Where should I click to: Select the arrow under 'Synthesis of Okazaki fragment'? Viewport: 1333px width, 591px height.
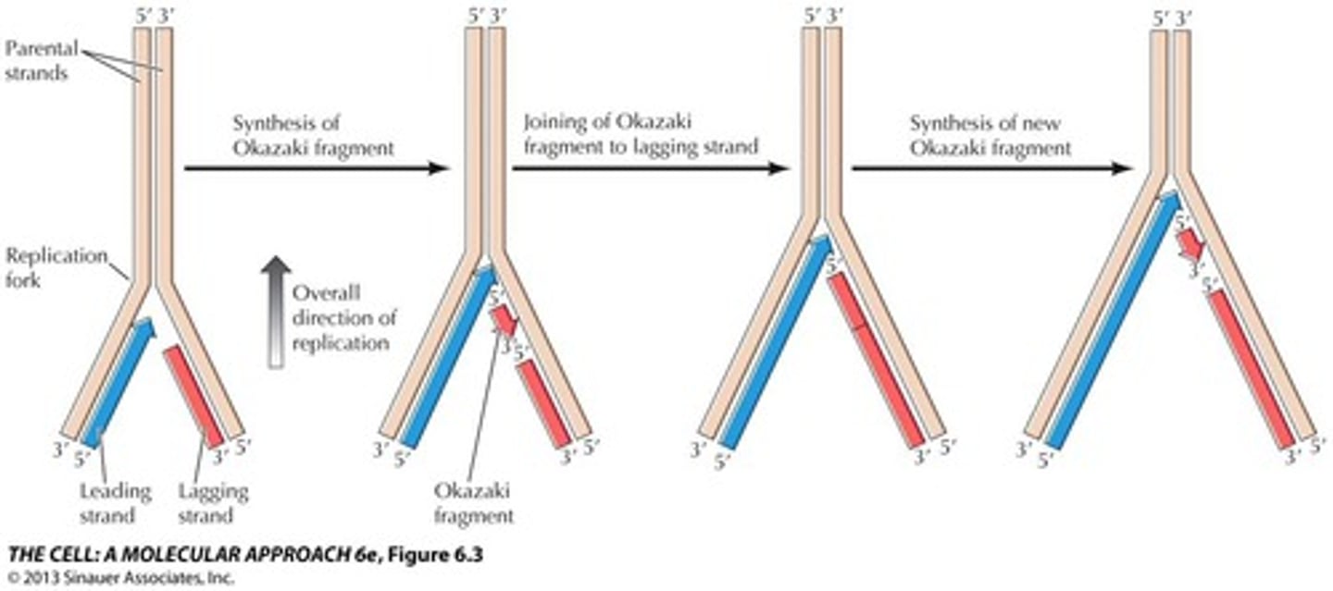[x=316, y=168]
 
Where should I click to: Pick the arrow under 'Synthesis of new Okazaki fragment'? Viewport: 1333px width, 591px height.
[x=991, y=168]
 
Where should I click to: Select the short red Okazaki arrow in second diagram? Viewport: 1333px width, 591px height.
[x=502, y=322]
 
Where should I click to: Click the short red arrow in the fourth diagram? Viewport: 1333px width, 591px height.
[x=1190, y=245]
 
